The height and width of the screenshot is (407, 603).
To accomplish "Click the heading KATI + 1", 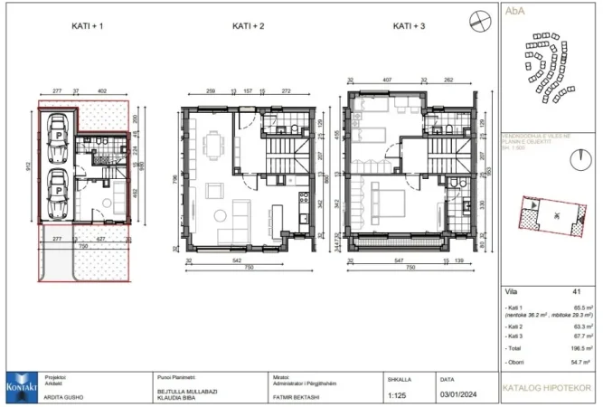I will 88,26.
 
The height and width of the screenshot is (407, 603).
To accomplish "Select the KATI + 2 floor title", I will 248,26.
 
